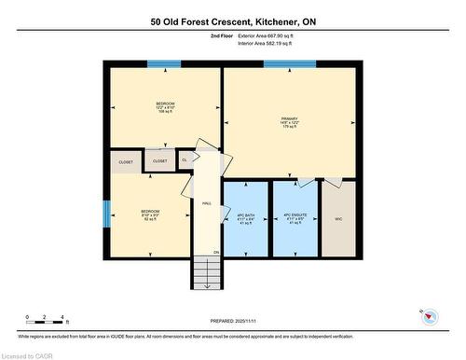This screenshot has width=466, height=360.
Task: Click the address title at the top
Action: (232, 21)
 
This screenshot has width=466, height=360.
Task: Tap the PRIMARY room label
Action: (289, 121)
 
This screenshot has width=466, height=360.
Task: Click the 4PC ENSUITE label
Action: (295, 220)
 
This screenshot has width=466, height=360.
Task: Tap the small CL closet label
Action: (185, 160)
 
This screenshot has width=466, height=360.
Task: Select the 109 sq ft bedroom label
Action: (165, 107)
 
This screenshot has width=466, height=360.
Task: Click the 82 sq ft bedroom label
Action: (150, 215)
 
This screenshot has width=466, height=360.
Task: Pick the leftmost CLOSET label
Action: (126, 162)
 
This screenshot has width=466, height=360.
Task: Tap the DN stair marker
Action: (215, 252)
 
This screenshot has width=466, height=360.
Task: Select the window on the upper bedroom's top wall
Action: (165, 64)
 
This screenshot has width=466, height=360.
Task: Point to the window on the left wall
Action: (106, 214)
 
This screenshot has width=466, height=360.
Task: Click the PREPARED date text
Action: (233, 323)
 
